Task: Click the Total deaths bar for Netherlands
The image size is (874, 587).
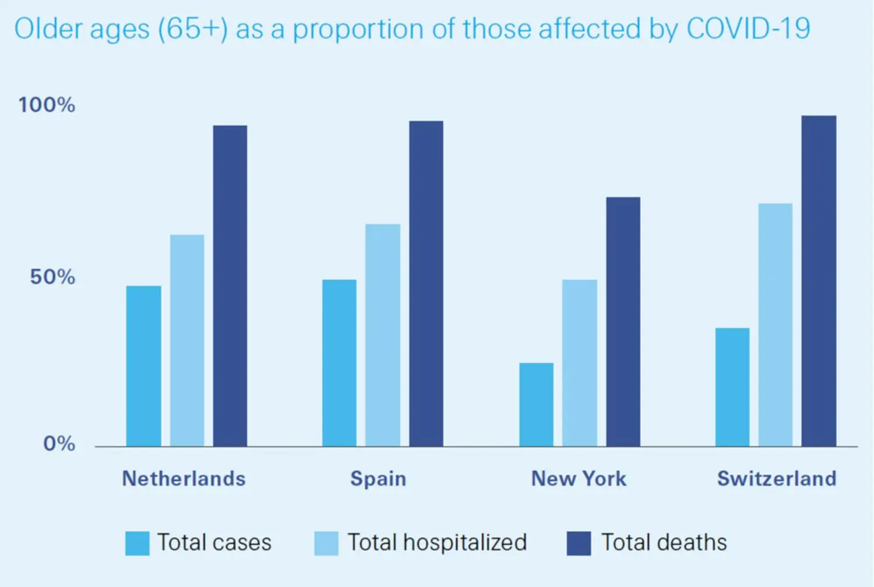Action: click(x=230, y=285)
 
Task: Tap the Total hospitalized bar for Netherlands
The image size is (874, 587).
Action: click(x=187, y=341)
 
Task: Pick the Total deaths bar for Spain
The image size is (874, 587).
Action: click(x=426, y=284)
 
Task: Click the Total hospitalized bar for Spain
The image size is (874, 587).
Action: click(x=383, y=335)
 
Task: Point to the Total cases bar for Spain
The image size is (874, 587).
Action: click(x=339, y=363)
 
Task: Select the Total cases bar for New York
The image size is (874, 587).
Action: click(x=536, y=405)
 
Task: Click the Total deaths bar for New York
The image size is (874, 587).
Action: click(x=623, y=321)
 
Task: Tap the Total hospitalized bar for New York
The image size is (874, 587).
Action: click(x=580, y=363)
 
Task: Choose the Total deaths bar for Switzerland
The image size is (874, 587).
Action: click(x=819, y=281)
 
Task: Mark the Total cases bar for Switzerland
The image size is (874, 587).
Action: click(x=732, y=387)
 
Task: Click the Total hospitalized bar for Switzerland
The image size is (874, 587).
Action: click(x=776, y=324)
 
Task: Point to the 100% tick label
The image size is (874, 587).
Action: click(x=47, y=105)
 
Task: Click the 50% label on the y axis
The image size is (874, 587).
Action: click(x=52, y=277)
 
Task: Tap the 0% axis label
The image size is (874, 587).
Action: click(x=59, y=444)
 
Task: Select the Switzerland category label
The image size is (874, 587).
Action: click(x=776, y=479)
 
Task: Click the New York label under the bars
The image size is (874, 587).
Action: click(x=579, y=479)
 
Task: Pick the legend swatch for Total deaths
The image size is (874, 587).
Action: click(x=579, y=543)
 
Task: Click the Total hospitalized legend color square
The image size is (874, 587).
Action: click(x=326, y=543)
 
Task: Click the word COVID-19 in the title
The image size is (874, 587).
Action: click(x=748, y=29)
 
